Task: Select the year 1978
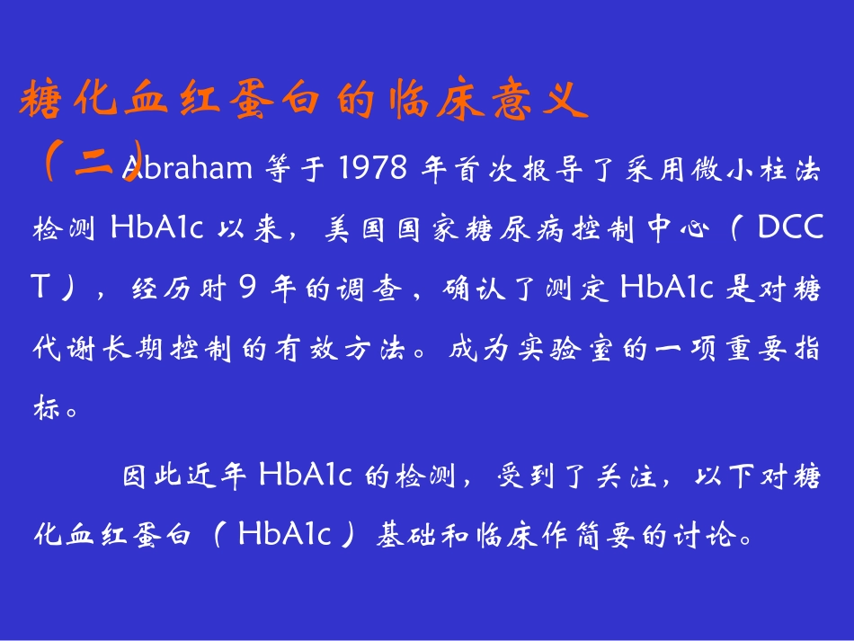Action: (x=370, y=167)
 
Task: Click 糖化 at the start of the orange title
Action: (x=67, y=102)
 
